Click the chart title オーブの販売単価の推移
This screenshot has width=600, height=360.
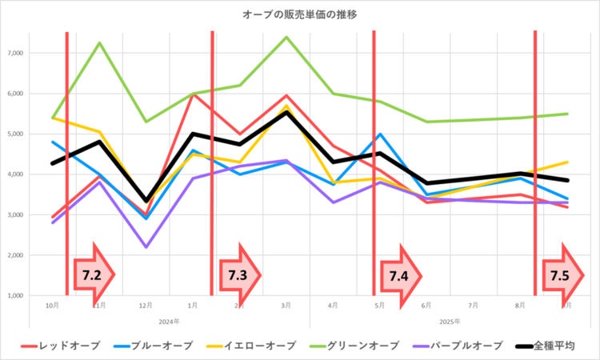(x=299, y=15)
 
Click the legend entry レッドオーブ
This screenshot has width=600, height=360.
(x=70, y=345)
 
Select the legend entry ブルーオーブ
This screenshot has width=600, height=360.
(x=161, y=345)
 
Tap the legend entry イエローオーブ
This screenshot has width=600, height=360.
(x=255, y=345)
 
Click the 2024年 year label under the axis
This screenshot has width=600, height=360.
(x=170, y=321)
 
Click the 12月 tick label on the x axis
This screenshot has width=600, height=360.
(x=146, y=306)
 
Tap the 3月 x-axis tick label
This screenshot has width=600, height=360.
(x=286, y=306)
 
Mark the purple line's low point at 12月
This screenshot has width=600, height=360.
(x=146, y=247)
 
